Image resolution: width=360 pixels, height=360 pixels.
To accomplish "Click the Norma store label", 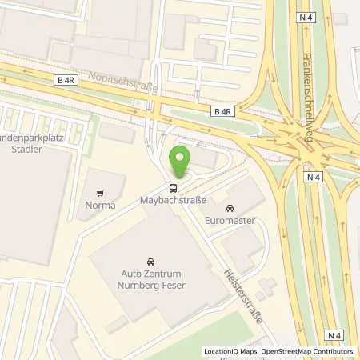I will point(101,206).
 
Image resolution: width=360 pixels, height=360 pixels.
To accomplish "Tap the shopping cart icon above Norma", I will point(101,193).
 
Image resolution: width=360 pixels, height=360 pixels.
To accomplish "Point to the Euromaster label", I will point(230,220).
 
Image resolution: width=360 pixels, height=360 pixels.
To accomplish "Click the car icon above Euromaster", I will point(230,208).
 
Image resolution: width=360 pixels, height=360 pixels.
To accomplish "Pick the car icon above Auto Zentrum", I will point(150,262).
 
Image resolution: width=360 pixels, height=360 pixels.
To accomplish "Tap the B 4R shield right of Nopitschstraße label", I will point(222,111).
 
